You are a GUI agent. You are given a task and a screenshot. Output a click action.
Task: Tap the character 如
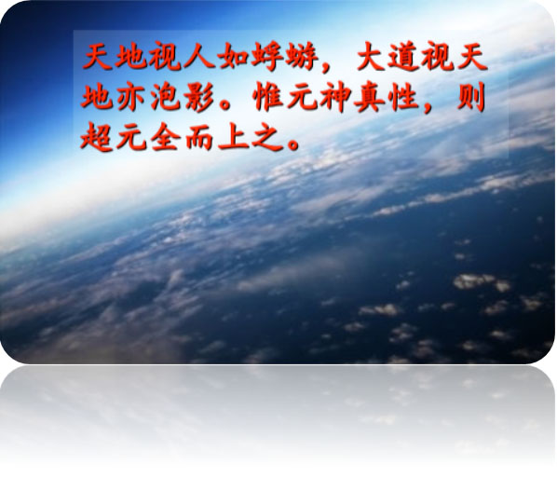[232, 57]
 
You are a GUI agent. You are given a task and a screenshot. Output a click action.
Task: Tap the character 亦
[130, 96]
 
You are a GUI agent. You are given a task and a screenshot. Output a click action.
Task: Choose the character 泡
[166, 96]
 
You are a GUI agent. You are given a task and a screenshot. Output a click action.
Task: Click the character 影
[199, 96]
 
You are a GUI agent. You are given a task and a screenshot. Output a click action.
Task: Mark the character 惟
[268, 96]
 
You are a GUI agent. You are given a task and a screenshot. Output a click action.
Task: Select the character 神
[335, 97]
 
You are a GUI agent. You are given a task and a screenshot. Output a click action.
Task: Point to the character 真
[370, 97]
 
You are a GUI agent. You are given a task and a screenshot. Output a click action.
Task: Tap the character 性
[403, 96]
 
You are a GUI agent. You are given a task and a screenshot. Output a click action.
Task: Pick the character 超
[97, 136]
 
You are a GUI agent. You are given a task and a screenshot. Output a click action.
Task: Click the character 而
[199, 137]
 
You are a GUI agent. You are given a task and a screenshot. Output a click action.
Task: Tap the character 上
[234, 136]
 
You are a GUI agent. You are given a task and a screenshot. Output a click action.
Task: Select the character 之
[267, 137]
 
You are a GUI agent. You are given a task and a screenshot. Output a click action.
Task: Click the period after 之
[294, 144]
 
